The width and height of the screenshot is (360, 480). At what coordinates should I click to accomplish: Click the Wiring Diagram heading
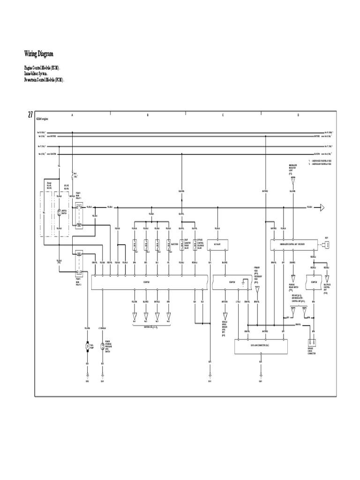pos(42,54)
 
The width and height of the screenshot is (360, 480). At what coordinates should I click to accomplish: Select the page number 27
pos(30,115)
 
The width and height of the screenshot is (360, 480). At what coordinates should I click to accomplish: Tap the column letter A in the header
pos(72,115)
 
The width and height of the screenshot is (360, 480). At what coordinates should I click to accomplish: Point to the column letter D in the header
pos(298,115)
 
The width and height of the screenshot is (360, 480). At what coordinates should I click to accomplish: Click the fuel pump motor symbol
pos(87,346)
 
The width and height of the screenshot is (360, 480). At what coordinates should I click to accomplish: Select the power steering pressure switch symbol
pos(102,346)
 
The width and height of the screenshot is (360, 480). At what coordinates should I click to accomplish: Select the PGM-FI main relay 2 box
pos(79,262)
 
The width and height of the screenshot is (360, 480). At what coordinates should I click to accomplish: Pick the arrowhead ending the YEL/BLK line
pos(322,207)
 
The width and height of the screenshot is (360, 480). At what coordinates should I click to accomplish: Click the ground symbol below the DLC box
pos(261,374)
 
